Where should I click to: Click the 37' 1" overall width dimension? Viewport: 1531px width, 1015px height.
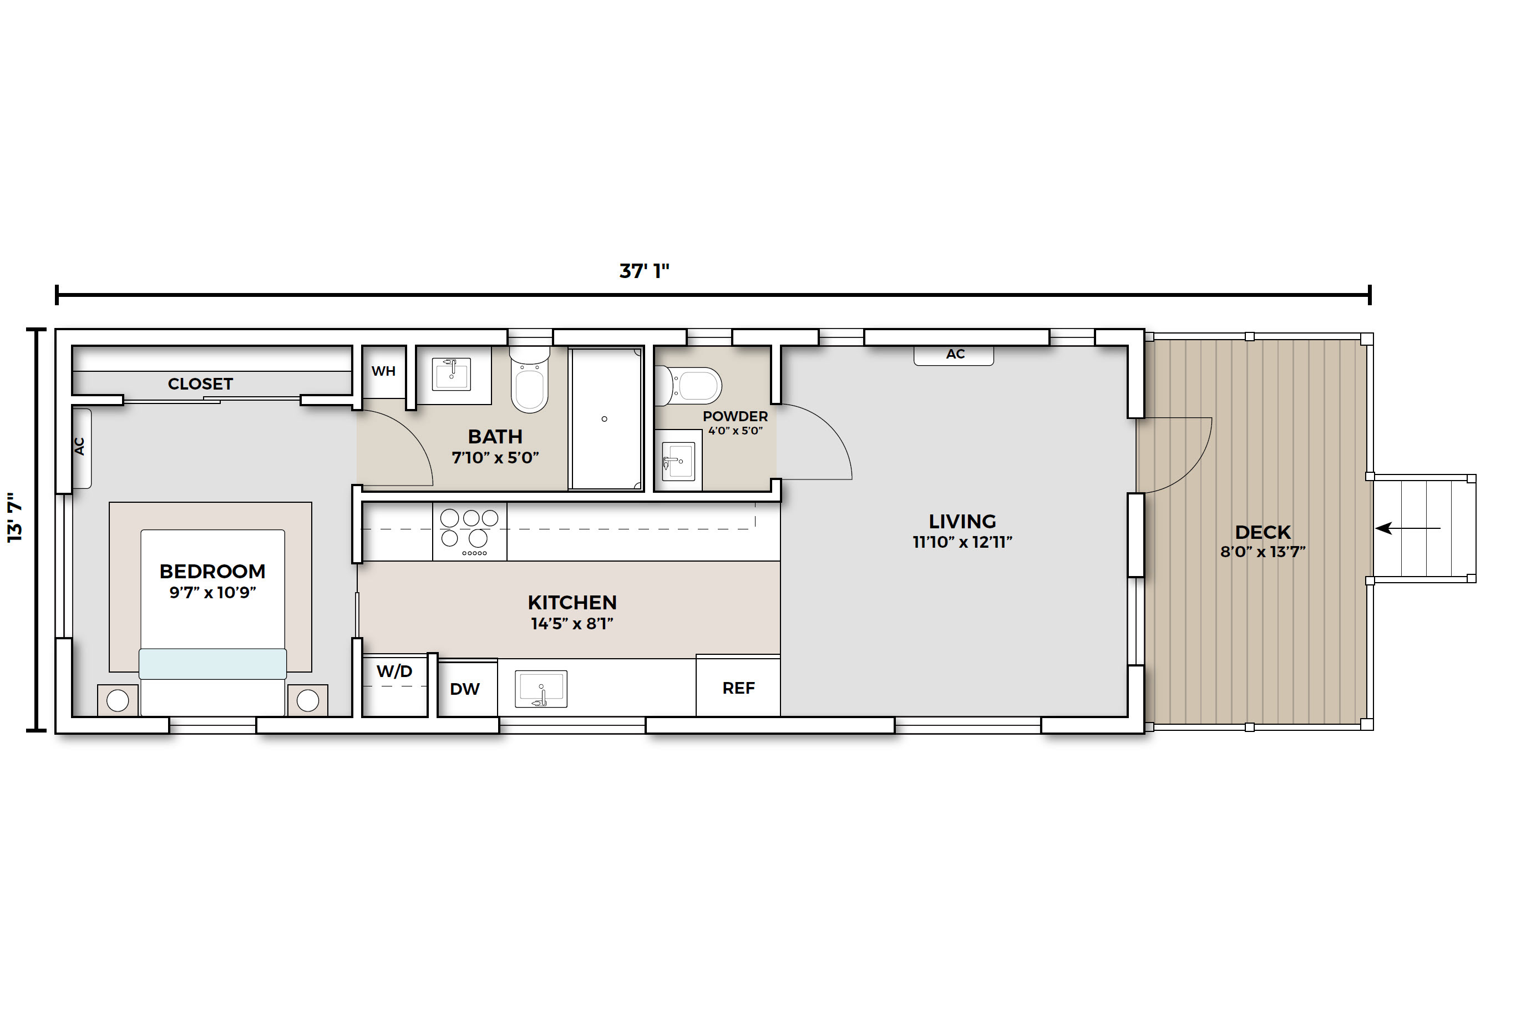[644, 271]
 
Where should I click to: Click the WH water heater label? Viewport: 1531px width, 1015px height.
[383, 371]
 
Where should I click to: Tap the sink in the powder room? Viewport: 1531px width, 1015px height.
[678, 461]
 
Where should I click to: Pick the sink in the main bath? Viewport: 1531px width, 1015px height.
[451, 373]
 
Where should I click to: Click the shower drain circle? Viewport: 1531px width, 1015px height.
[605, 419]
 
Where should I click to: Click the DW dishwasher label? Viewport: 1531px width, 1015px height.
[465, 689]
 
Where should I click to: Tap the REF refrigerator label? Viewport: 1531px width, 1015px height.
[738, 688]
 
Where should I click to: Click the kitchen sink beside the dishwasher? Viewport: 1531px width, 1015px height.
[541, 689]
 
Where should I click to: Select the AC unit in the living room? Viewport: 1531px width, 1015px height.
[954, 355]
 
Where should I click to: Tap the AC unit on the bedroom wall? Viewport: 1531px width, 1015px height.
[81, 448]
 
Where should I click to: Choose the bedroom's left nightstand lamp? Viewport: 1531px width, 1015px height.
[118, 700]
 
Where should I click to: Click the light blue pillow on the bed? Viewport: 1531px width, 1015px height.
[213, 664]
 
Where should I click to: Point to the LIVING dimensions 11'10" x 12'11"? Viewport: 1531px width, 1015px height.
[962, 542]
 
